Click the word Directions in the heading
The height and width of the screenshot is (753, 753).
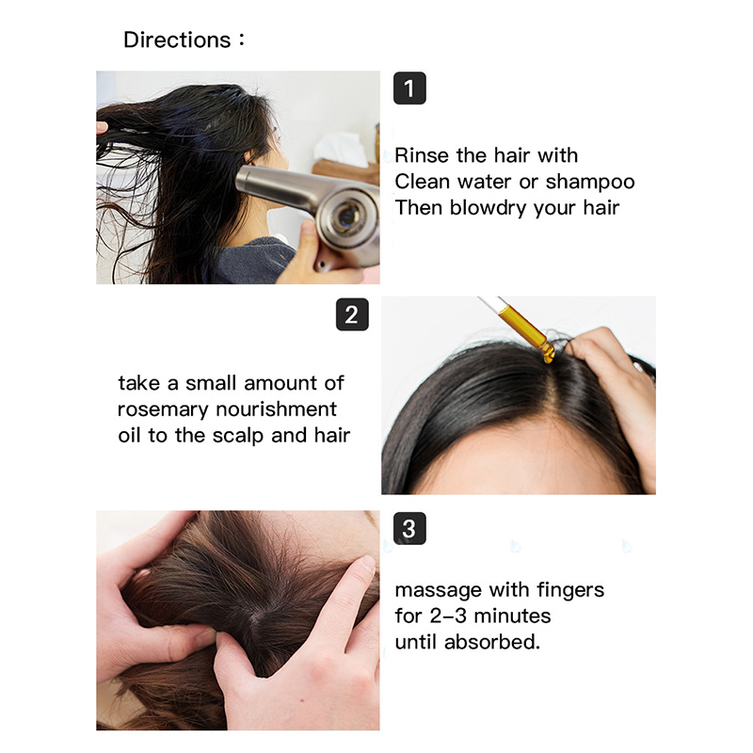(x=177, y=40)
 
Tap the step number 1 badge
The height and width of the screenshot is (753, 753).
(x=409, y=88)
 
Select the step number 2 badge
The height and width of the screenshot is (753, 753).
(x=352, y=314)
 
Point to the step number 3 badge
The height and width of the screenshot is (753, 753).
(x=409, y=528)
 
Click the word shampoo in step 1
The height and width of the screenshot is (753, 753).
(x=590, y=183)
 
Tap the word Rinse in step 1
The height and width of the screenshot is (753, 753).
(x=422, y=155)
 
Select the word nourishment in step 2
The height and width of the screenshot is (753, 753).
(x=276, y=409)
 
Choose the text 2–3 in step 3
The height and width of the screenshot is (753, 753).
(x=448, y=617)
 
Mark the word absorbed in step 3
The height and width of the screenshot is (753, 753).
(x=492, y=642)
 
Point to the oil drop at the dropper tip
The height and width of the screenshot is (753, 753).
(x=548, y=357)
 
